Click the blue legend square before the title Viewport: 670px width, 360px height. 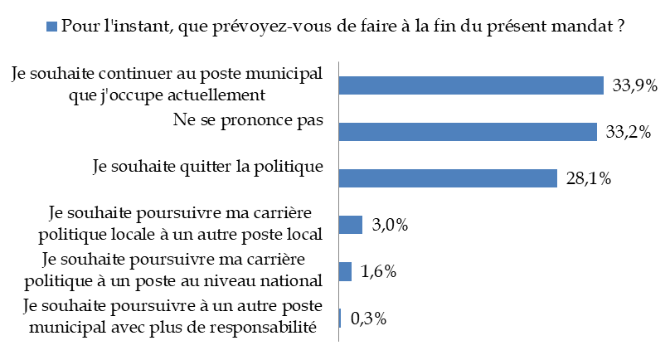(51, 27)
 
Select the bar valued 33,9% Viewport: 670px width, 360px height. (471, 85)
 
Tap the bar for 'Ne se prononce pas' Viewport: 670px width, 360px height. (469, 132)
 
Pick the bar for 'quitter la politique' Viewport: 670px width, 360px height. (448, 178)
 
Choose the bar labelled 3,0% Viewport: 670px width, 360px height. (352, 225)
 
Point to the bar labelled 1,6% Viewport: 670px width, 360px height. (346, 271)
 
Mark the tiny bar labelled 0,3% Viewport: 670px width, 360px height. (341, 318)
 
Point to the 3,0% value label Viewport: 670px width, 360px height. (391, 225)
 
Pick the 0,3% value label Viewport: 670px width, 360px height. (369, 318)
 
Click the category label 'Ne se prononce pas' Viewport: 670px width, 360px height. (247, 120)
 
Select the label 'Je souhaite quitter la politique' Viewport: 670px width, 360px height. (206, 167)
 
